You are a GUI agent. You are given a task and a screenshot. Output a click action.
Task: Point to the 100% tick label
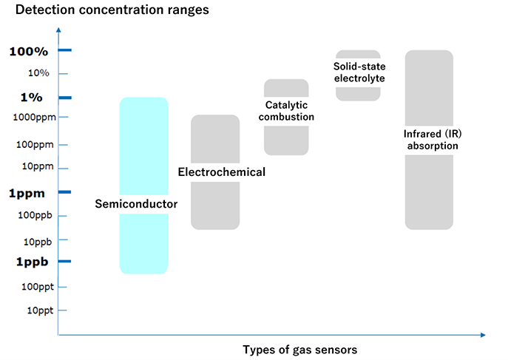pos(29,51)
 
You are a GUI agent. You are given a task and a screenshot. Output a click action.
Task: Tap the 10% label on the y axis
pos(38,72)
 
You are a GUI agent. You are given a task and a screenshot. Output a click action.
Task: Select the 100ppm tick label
pos(33,144)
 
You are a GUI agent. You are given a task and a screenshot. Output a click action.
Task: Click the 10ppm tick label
pos(35,166)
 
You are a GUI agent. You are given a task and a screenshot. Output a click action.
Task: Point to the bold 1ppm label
pos(27,193)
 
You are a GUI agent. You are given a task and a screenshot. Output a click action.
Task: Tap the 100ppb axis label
pos(33,215)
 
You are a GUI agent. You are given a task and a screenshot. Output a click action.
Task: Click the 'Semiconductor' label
pos(136,204)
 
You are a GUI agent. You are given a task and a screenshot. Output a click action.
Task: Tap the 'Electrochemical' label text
pos(221,172)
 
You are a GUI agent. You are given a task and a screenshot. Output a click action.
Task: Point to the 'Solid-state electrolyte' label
pos(359,72)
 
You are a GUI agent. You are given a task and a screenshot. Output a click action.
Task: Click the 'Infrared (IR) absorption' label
pos(431,140)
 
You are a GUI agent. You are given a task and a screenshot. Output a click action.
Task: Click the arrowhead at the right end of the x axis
pos(483,336)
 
